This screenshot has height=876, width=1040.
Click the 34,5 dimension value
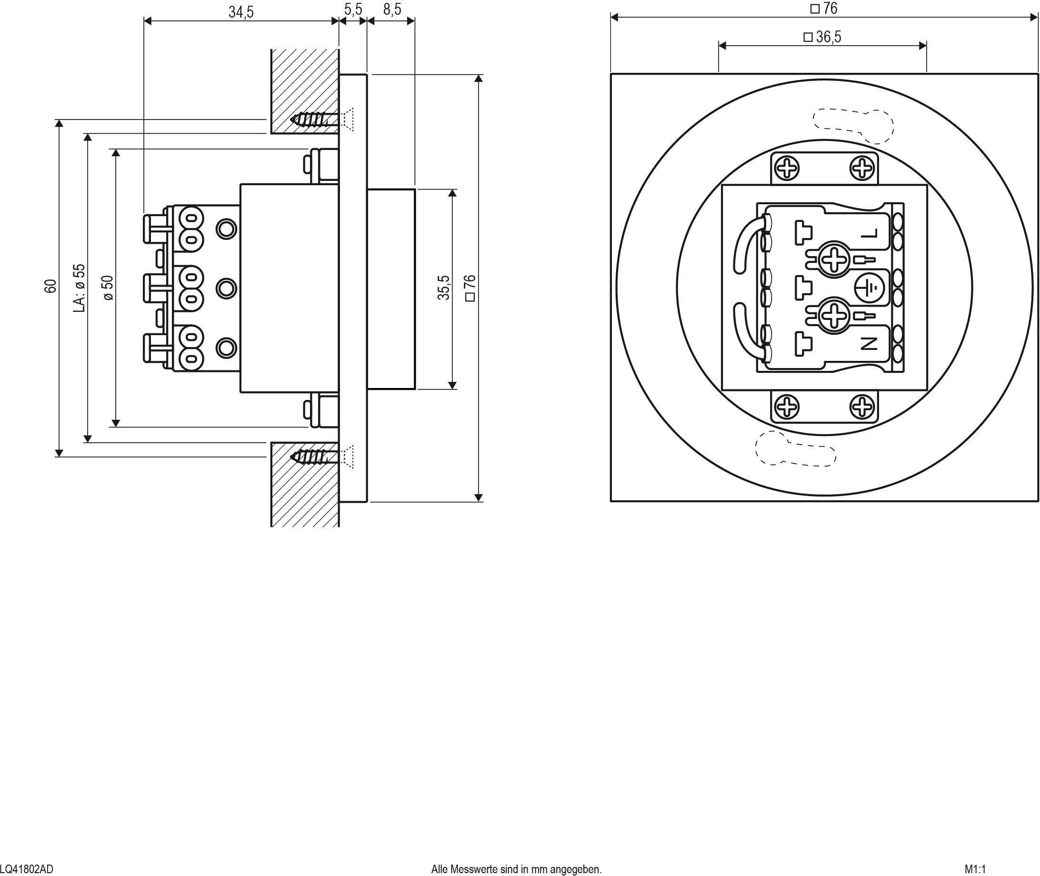point(241,11)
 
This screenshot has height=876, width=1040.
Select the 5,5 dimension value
point(353,10)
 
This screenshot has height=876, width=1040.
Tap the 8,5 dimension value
point(392,10)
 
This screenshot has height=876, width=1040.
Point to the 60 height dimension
point(50,286)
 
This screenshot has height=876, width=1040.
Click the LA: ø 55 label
point(80,288)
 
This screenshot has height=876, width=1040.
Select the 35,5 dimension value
point(443,288)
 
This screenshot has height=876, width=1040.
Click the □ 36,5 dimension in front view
point(822,37)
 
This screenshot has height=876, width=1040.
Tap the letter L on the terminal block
point(869,233)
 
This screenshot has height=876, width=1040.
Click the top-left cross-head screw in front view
point(787,169)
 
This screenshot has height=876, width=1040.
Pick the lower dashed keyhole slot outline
point(795,449)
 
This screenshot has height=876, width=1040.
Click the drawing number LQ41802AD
point(26,869)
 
